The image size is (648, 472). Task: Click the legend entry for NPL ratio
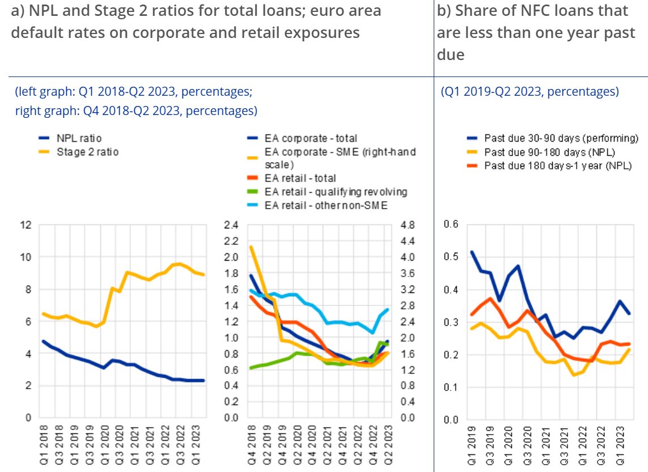(x=79, y=138)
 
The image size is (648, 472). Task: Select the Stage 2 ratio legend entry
(x=87, y=151)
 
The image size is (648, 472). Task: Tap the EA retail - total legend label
(x=300, y=178)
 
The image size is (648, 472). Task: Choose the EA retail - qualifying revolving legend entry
(x=336, y=192)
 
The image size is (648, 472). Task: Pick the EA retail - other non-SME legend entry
(x=326, y=205)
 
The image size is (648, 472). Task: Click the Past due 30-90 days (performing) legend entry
(x=561, y=138)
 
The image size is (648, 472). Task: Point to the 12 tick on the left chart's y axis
(x=25, y=225)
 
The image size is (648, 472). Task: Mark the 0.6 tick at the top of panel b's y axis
(x=450, y=224)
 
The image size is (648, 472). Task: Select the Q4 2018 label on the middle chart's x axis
(x=251, y=449)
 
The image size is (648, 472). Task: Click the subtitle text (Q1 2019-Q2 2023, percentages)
(x=530, y=91)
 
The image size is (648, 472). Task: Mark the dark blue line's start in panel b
(x=472, y=252)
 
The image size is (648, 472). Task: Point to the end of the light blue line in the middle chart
(x=388, y=309)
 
